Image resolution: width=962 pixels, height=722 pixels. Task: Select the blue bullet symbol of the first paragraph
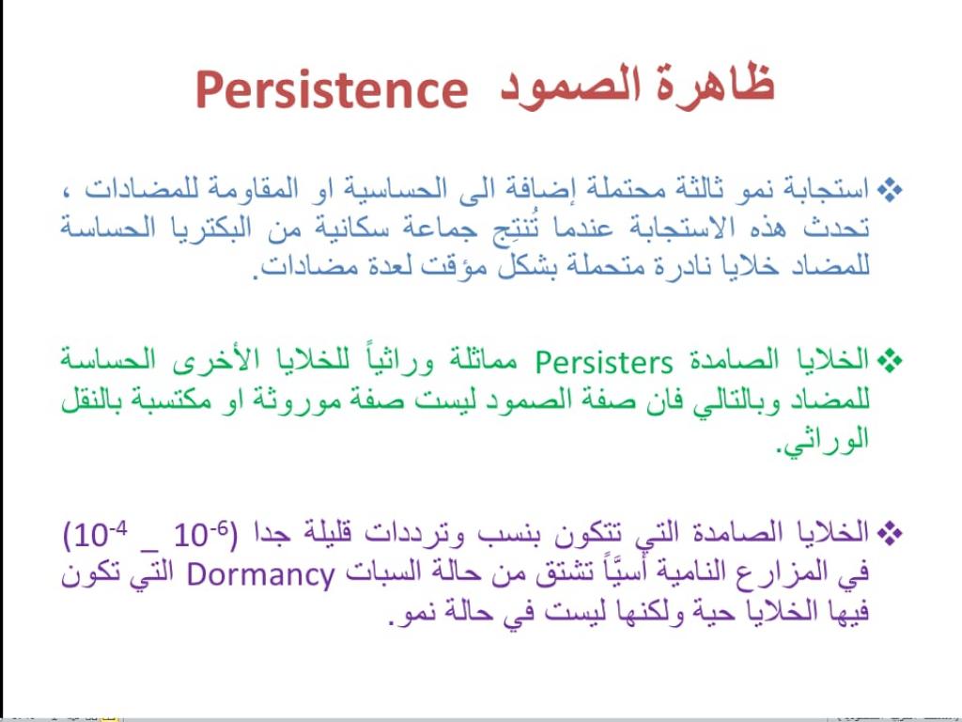[889, 190]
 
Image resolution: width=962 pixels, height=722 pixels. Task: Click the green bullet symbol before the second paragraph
[889, 360]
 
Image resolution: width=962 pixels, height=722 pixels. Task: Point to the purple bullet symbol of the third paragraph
[889, 532]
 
